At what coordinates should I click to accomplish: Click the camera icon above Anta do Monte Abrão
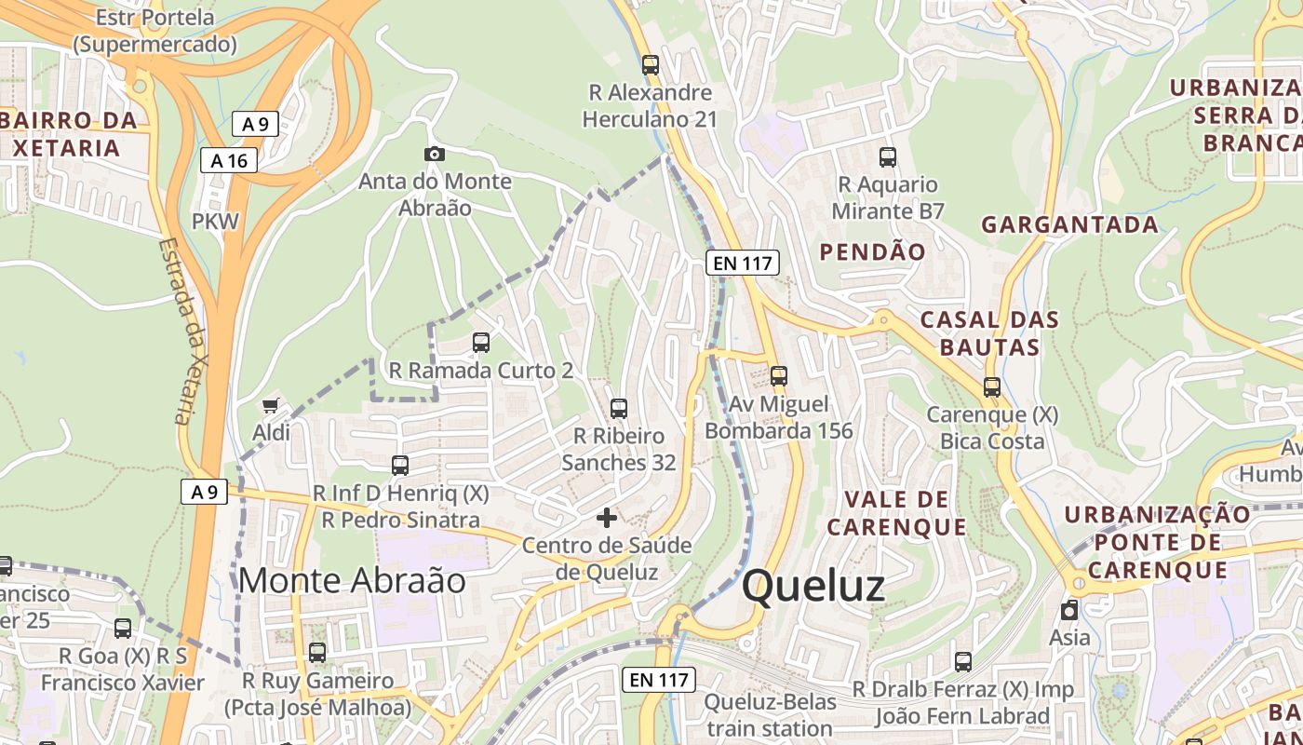click(x=434, y=154)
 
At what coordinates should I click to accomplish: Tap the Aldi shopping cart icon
click(x=271, y=405)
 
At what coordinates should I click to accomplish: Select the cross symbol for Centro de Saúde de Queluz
click(x=607, y=517)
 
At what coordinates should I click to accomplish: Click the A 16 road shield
click(x=229, y=160)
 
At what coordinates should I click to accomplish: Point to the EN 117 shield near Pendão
click(x=742, y=263)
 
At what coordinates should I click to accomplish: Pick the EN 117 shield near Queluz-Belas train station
click(x=659, y=680)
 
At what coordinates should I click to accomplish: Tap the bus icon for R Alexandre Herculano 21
click(x=651, y=65)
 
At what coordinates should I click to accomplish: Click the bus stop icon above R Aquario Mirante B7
click(x=888, y=156)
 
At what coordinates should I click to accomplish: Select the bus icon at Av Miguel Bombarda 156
click(x=779, y=376)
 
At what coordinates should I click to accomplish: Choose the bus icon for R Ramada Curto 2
click(x=481, y=343)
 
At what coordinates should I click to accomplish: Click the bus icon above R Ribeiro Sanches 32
click(x=619, y=408)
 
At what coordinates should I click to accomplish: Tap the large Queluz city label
click(x=813, y=587)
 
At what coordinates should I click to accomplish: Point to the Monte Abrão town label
click(x=352, y=580)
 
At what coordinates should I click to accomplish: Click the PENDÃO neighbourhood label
click(x=872, y=251)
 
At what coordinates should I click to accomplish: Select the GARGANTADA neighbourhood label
click(x=1069, y=224)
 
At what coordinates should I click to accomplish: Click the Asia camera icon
click(x=1069, y=610)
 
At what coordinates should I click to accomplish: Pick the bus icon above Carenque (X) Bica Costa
click(x=992, y=386)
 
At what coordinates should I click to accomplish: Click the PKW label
click(x=215, y=222)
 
